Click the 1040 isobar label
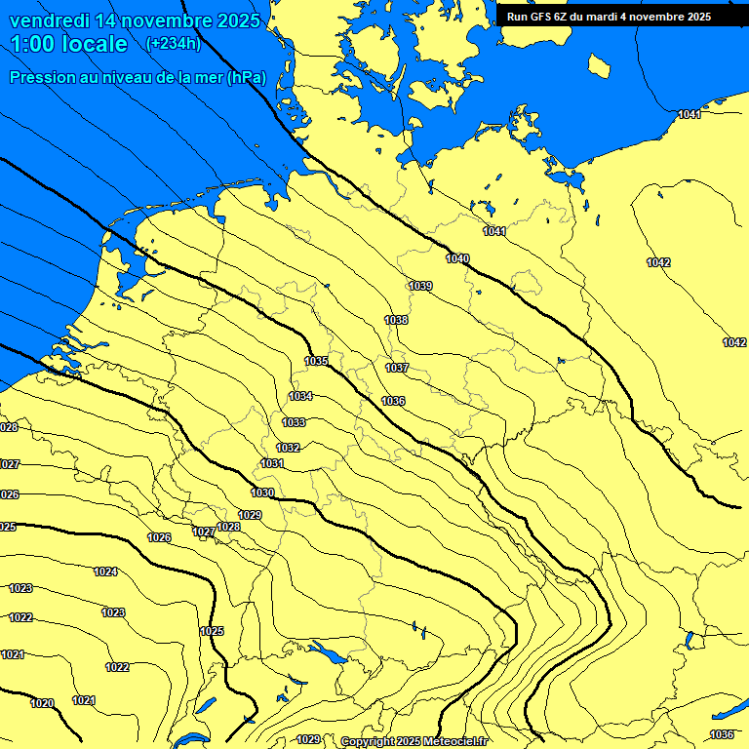coord(457,258)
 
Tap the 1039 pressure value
coord(420,286)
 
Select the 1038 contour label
coord(396,320)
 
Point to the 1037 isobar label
coord(397,368)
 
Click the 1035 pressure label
coord(316,361)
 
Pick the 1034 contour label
coord(300,396)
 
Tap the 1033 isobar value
coord(294,422)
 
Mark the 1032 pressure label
coord(288,448)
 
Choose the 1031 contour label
coord(272,463)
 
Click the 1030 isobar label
coord(262,493)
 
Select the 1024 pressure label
coord(105,572)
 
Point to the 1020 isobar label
coord(42,703)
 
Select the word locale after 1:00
coord(92,45)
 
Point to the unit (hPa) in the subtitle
coord(246,78)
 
